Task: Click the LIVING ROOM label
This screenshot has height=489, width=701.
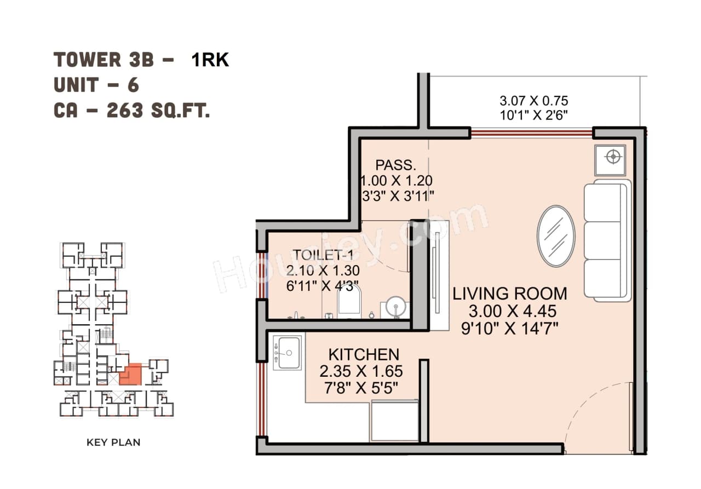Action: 509,294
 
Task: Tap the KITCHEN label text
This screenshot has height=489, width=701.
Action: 363,354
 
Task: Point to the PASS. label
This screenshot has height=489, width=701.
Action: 395,165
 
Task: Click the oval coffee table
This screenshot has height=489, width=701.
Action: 556,235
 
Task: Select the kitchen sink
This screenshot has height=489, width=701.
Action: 288,353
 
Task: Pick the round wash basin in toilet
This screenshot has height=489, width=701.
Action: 395,307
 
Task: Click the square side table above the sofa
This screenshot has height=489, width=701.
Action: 611,157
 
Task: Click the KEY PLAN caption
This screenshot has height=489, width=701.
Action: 113,442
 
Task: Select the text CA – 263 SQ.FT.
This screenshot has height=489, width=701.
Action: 131,111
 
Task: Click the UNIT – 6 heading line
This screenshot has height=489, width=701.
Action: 96,85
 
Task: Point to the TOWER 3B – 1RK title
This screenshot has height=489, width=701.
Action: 141,59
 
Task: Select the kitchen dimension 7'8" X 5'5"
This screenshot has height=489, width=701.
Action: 361,388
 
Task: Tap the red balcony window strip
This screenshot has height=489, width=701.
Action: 531,133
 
